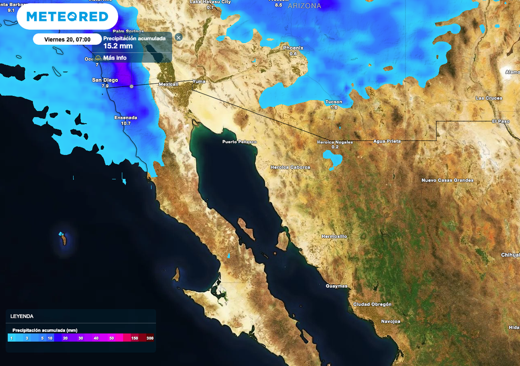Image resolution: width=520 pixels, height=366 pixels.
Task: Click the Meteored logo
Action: (x=67, y=17)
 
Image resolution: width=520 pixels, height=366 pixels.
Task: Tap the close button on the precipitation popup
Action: (x=178, y=37)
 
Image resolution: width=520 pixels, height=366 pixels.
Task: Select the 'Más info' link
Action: (x=114, y=58)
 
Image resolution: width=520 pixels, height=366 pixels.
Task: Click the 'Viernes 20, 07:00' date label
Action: (x=67, y=39)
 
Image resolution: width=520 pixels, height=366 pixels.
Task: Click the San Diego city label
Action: (x=105, y=80)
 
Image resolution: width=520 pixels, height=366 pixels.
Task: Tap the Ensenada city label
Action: (x=126, y=118)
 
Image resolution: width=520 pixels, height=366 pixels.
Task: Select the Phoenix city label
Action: (x=293, y=48)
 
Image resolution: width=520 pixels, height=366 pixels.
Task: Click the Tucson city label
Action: (x=334, y=102)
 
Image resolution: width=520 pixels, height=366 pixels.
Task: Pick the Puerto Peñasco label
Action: (x=240, y=142)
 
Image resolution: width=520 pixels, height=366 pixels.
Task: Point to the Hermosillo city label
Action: (x=334, y=236)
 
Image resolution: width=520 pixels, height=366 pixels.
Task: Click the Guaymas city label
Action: (x=337, y=286)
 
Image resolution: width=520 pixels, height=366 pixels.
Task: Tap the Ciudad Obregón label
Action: (x=372, y=304)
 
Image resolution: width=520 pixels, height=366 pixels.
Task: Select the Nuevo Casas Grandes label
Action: (x=447, y=180)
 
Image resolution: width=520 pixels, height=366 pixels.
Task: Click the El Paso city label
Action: (x=500, y=121)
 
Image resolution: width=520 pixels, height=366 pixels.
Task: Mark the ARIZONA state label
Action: (x=305, y=6)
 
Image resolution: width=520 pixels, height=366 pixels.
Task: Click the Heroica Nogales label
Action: (x=335, y=142)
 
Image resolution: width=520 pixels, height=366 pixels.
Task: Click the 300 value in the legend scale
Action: (x=150, y=338)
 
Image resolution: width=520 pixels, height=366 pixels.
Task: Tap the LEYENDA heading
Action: (x=21, y=316)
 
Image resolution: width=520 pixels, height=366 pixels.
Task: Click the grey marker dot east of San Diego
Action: (x=132, y=86)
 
